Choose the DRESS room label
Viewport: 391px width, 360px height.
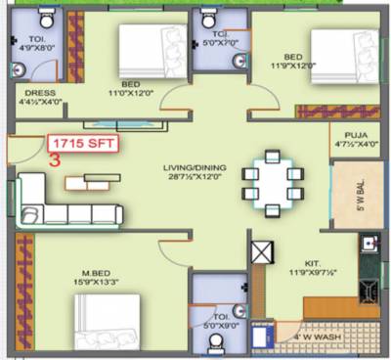(41, 96)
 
